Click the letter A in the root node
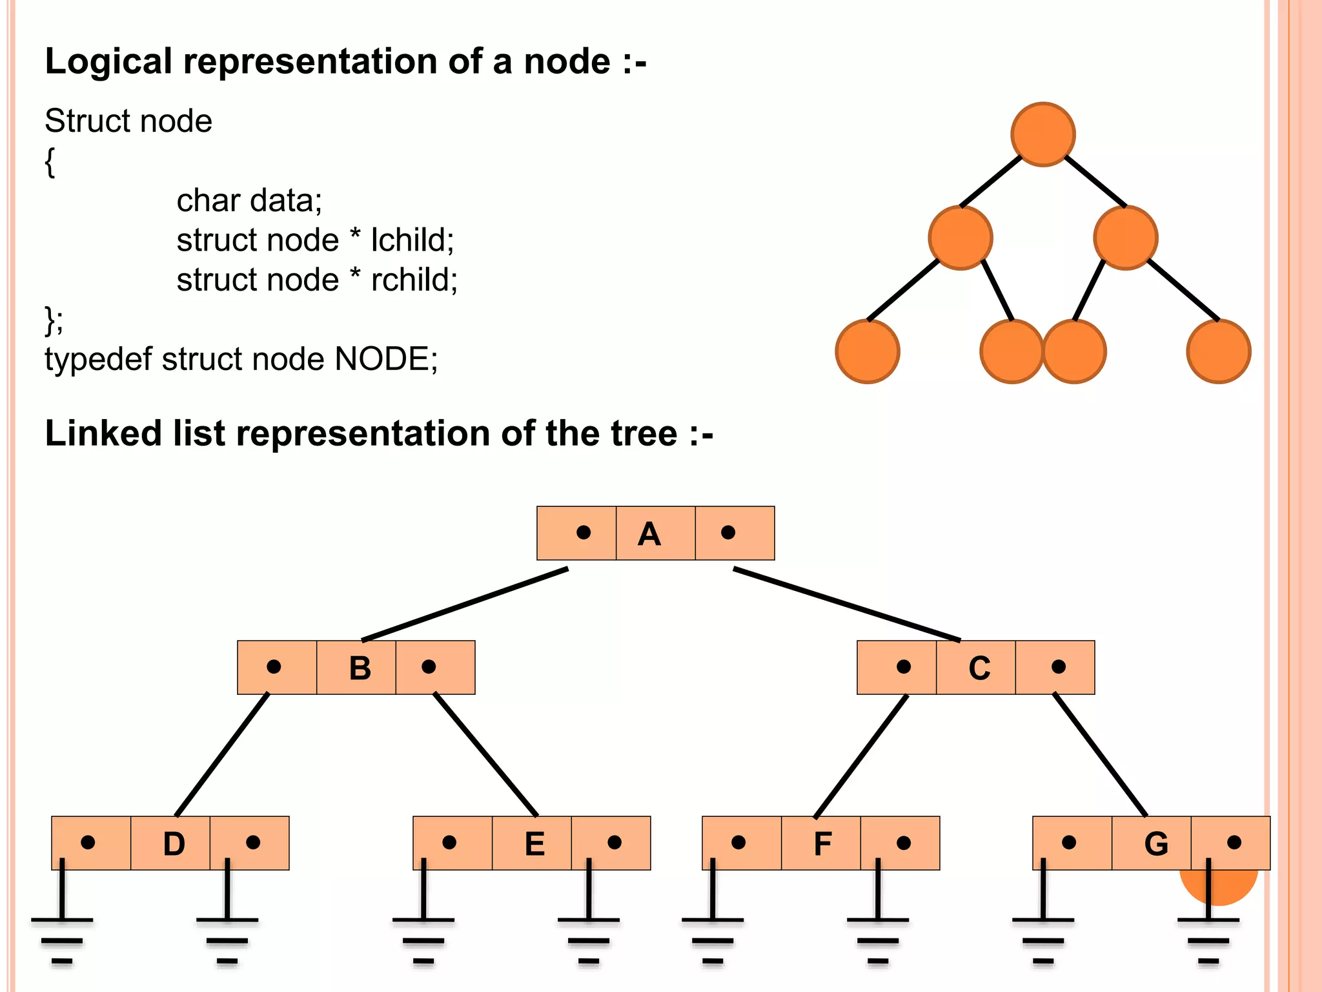pos(649,534)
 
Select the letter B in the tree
pos(360,668)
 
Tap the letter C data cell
pos(979,668)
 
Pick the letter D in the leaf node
pos(174,844)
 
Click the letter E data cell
pos(534,844)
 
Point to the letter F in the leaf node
pos(822,844)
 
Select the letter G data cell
pos(1155,844)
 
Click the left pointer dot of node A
pos(584,532)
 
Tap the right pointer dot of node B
pos(429,666)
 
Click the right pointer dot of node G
pos(1234,842)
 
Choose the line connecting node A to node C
pos(846,604)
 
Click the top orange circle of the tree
pos(1043,134)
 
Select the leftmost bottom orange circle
pos(868,351)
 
